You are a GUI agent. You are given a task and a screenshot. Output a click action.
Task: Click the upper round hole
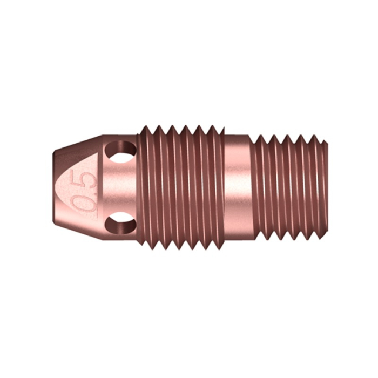tap(120, 151)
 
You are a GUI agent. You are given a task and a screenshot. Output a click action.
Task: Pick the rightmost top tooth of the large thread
tap(215, 130)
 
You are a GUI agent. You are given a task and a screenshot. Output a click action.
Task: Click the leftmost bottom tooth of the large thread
tap(146, 246)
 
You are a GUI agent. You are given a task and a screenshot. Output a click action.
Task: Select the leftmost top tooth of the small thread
tap(259, 138)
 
